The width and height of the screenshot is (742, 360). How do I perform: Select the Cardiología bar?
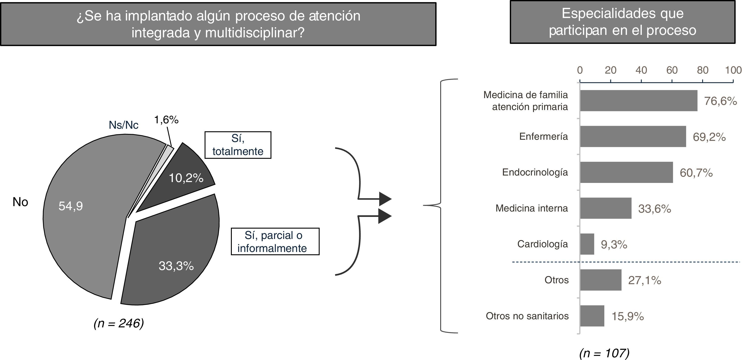(587, 244)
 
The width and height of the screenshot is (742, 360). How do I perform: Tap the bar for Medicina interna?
(606, 208)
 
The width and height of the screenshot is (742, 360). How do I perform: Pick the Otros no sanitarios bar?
(592, 316)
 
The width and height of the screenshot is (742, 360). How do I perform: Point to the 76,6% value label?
(720, 101)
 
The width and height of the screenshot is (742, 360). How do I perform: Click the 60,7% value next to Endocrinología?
(696, 173)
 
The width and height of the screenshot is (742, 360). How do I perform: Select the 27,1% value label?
(645, 280)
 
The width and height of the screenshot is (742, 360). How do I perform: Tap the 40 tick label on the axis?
(641, 70)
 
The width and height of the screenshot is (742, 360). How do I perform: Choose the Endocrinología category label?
(535, 172)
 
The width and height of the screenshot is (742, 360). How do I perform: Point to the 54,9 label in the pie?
(71, 206)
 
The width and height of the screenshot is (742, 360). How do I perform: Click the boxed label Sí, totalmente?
(238, 145)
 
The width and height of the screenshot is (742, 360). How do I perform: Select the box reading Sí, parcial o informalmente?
(275, 241)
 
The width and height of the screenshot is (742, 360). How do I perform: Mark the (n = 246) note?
(119, 323)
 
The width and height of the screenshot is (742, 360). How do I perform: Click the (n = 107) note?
(604, 353)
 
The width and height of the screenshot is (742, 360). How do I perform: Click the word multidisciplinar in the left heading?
(254, 33)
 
